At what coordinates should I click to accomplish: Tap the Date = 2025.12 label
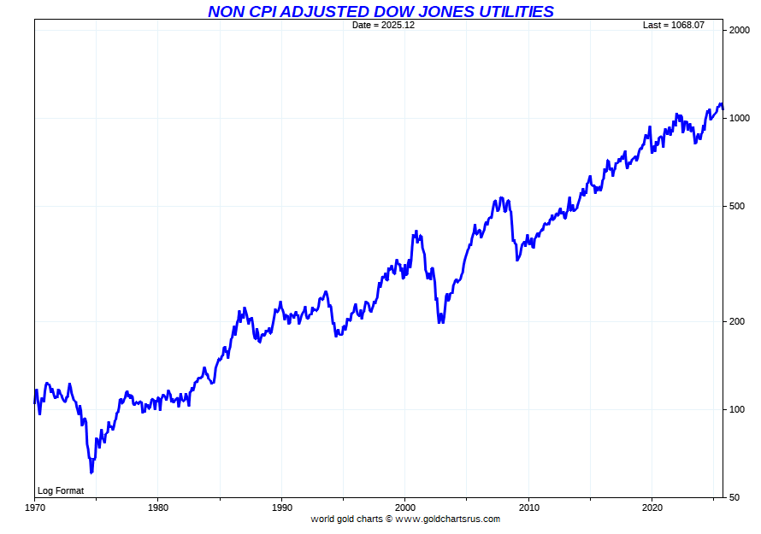383,25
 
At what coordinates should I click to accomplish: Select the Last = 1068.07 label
674,25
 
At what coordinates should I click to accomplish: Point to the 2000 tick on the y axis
740,31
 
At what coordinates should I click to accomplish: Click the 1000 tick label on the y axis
740,118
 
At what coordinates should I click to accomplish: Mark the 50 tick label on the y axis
734,496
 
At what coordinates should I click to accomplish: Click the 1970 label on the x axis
35,507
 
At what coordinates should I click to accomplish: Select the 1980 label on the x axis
158,507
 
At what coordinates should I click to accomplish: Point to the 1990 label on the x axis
282,507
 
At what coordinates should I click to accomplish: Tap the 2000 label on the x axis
405,507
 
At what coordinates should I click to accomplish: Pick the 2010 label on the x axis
529,507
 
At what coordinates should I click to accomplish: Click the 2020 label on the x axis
652,507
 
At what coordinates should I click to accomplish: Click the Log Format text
61,490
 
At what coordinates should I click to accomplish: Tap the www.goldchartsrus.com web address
447,519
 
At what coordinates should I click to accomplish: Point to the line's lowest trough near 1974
91,472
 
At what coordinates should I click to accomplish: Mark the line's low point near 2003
440,322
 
